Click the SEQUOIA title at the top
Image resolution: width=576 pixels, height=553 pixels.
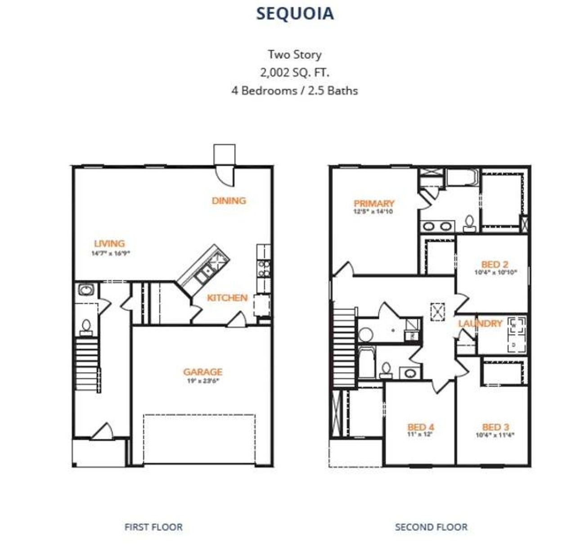coord(295,13)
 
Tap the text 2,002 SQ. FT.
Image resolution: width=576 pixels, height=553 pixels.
coord(294,72)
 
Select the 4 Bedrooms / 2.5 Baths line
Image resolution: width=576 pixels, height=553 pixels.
coord(294,90)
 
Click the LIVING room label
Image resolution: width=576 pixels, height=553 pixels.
coord(109,243)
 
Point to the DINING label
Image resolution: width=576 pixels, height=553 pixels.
coord(229,201)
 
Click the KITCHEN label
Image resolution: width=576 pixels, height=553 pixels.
coord(227,298)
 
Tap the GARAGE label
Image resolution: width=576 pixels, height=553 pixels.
coord(202,372)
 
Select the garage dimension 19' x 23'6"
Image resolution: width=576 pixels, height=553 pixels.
coord(202,381)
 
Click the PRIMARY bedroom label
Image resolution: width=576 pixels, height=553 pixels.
coord(373,203)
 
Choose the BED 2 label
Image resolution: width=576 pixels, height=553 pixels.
coord(495,264)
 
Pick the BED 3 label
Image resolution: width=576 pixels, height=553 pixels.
coord(495,427)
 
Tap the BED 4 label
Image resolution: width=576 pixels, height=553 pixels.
coord(421,427)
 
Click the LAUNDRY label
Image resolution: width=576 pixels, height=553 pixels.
coord(480,324)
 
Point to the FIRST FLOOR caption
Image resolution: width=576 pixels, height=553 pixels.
coord(153,527)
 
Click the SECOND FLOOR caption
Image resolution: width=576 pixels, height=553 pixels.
coord(431,527)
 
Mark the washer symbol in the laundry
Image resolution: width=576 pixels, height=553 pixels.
coord(514,325)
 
